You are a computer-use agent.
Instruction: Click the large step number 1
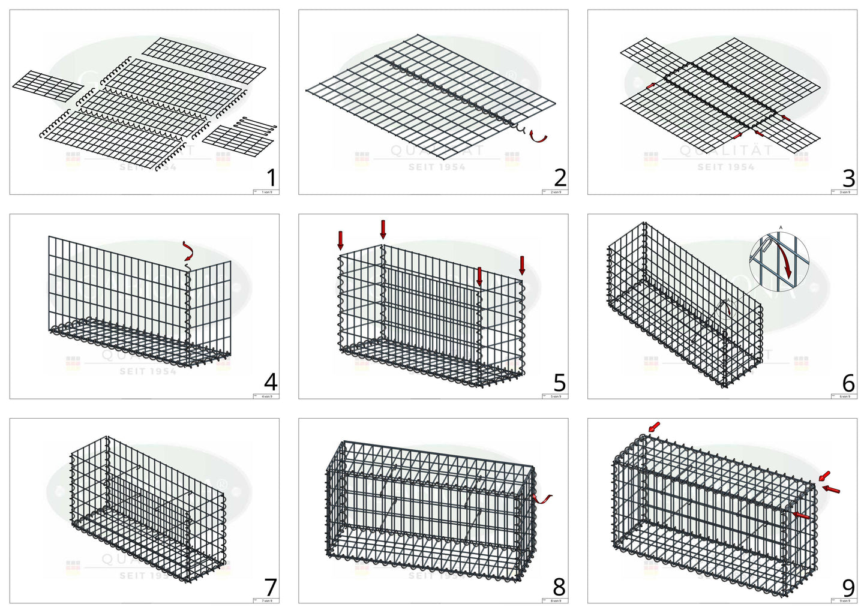(x=271, y=178)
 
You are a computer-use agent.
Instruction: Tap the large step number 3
(x=848, y=178)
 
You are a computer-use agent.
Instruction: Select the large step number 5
(x=559, y=382)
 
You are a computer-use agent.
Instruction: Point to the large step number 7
(x=271, y=587)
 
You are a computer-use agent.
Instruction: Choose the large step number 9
(x=848, y=587)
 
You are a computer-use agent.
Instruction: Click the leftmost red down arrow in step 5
(x=341, y=239)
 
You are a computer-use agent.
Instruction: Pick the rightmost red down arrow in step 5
(x=522, y=265)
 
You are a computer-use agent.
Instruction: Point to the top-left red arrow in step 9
(x=653, y=426)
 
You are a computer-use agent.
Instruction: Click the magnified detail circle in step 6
(x=779, y=260)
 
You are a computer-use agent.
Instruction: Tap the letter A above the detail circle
(x=780, y=227)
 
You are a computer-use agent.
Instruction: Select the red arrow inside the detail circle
(x=782, y=259)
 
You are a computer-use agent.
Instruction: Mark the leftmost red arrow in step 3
(x=650, y=87)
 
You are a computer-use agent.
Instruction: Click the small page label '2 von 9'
(x=556, y=192)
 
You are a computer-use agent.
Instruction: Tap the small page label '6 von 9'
(x=845, y=396)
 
